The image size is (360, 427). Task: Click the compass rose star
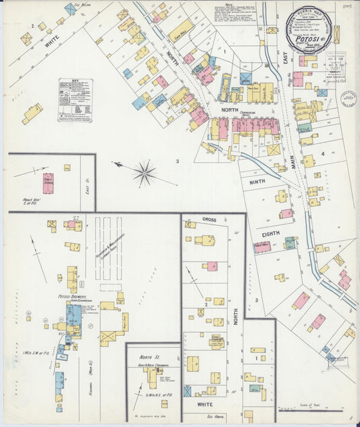(x=145, y=174)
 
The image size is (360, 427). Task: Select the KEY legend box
(x=75, y=99)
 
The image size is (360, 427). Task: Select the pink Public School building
(x=48, y=183)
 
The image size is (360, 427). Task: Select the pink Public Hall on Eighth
(x=262, y=247)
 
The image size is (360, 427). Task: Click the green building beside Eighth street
(x=290, y=243)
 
